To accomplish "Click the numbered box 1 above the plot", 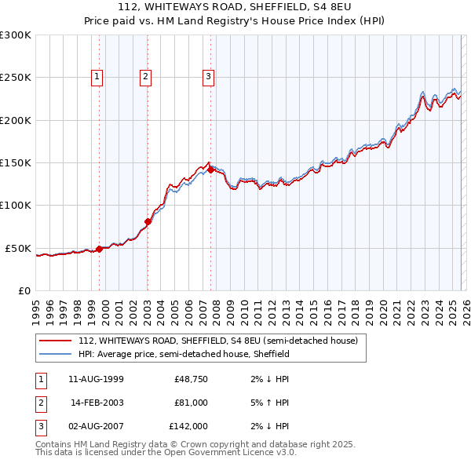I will pyautogui.click(x=97, y=76).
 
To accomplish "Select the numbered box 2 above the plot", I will pyautogui.click(x=146, y=76).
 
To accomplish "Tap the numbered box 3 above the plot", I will pyautogui.click(x=208, y=76).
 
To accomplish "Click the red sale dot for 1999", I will pyautogui.click(x=99, y=249).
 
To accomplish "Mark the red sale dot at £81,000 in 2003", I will pyautogui.click(x=148, y=221).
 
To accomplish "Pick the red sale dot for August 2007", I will pyautogui.click(x=210, y=170).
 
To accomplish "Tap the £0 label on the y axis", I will pyautogui.click(x=24, y=290).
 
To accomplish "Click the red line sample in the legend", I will pyautogui.click(x=56, y=341).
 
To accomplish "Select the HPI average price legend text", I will pyautogui.click(x=184, y=354).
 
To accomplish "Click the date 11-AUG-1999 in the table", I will pyautogui.click(x=97, y=379).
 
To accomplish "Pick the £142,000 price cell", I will pyautogui.click(x=188, y=426).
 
